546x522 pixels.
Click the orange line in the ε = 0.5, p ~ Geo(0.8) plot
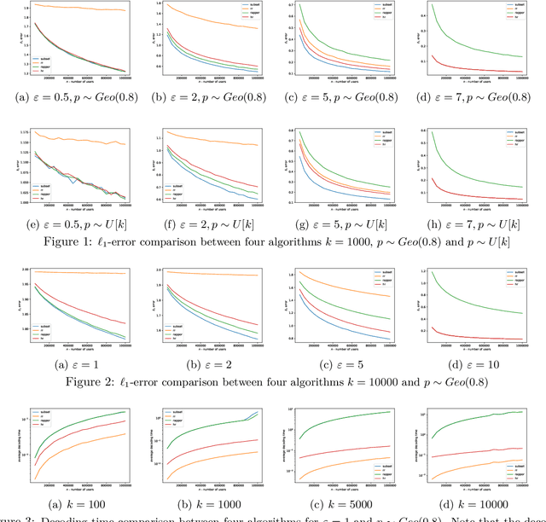pyautogui.click(x=77, y=9)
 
